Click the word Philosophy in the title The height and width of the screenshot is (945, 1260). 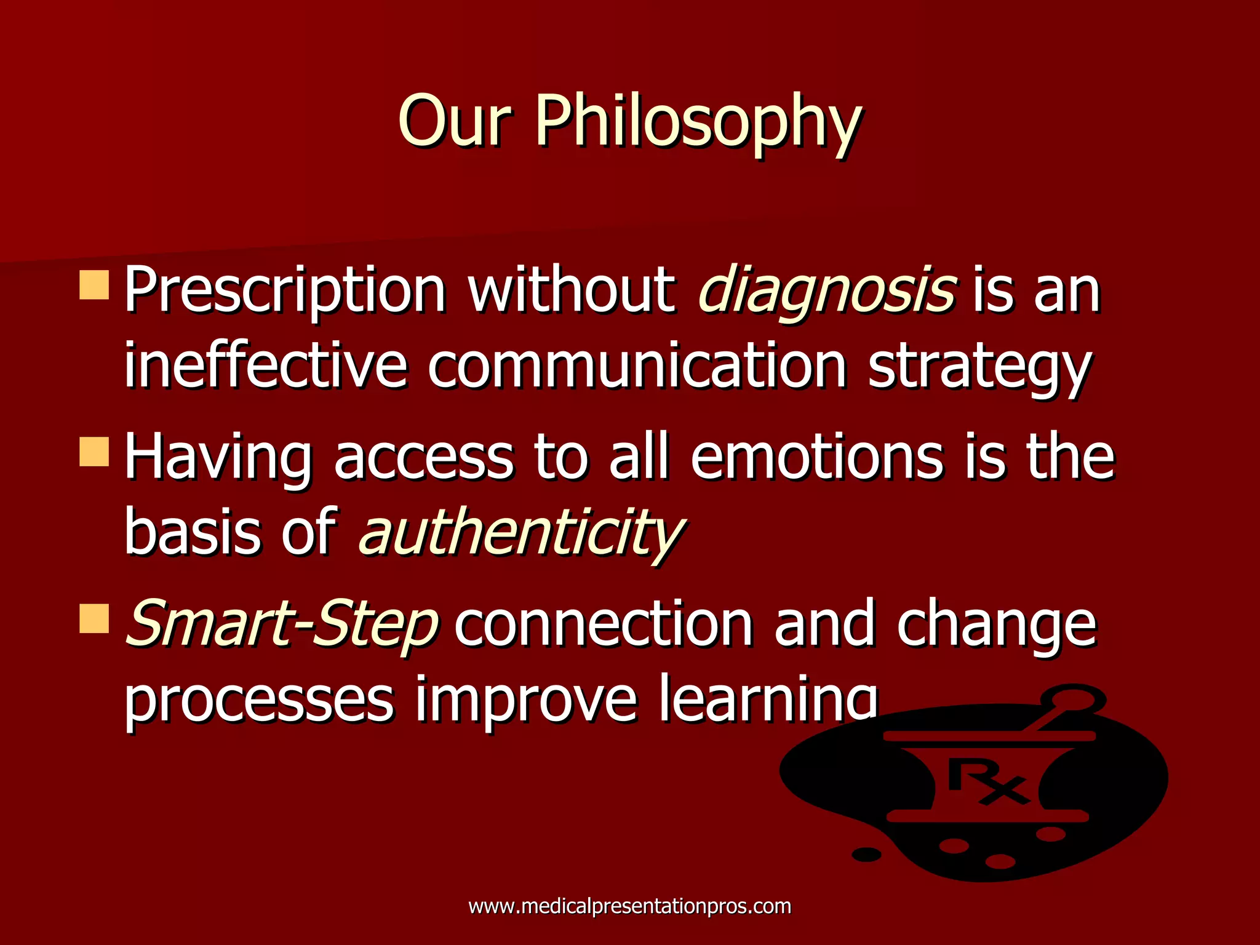coord(697,121)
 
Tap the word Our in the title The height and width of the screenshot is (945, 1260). coord(454,121)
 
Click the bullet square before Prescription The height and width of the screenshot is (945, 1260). coord(94,285)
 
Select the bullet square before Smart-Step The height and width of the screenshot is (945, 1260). coord(94,618)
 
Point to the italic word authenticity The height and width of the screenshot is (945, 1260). coord(520,532)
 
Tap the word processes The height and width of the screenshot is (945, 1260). coord(258,700)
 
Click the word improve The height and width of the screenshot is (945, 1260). coord(526,700)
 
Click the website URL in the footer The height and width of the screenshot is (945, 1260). coord(629,906)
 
